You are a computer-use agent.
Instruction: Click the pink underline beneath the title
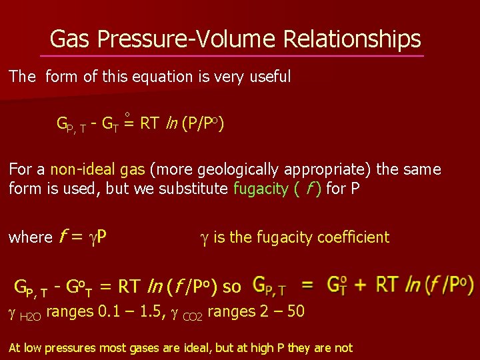coord(231,56)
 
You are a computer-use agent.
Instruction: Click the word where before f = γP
coord(30,237)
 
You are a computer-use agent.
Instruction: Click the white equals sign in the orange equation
coord(308,285)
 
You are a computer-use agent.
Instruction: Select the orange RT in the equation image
coord(389,285)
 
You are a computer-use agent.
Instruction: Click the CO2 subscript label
coord(193,315)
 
